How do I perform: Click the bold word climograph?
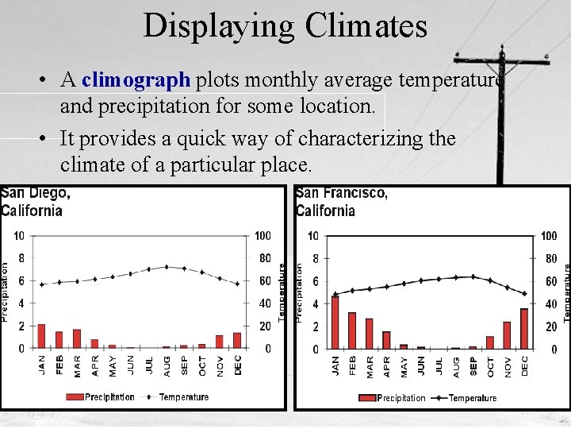(x=136, y=80)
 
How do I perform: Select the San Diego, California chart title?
(x=35, y=202)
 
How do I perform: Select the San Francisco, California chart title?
(x=341, y=202)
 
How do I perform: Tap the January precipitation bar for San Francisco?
(x=335, y=322)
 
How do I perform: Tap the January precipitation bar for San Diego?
(x=41, y=336)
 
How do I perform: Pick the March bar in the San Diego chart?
(x=77, y=338)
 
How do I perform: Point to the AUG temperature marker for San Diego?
(x=167, y=267)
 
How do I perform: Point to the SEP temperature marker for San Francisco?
(x=473, y=276)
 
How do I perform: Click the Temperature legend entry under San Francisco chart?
(x=473, y=398)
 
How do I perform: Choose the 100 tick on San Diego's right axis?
(x=263, y=235)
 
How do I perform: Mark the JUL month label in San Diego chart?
(x=149, y=365)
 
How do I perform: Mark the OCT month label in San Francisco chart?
(x=490, y=366)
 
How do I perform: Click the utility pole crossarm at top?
(x=502, y=60)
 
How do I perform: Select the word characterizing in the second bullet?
(x=362, y=139)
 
